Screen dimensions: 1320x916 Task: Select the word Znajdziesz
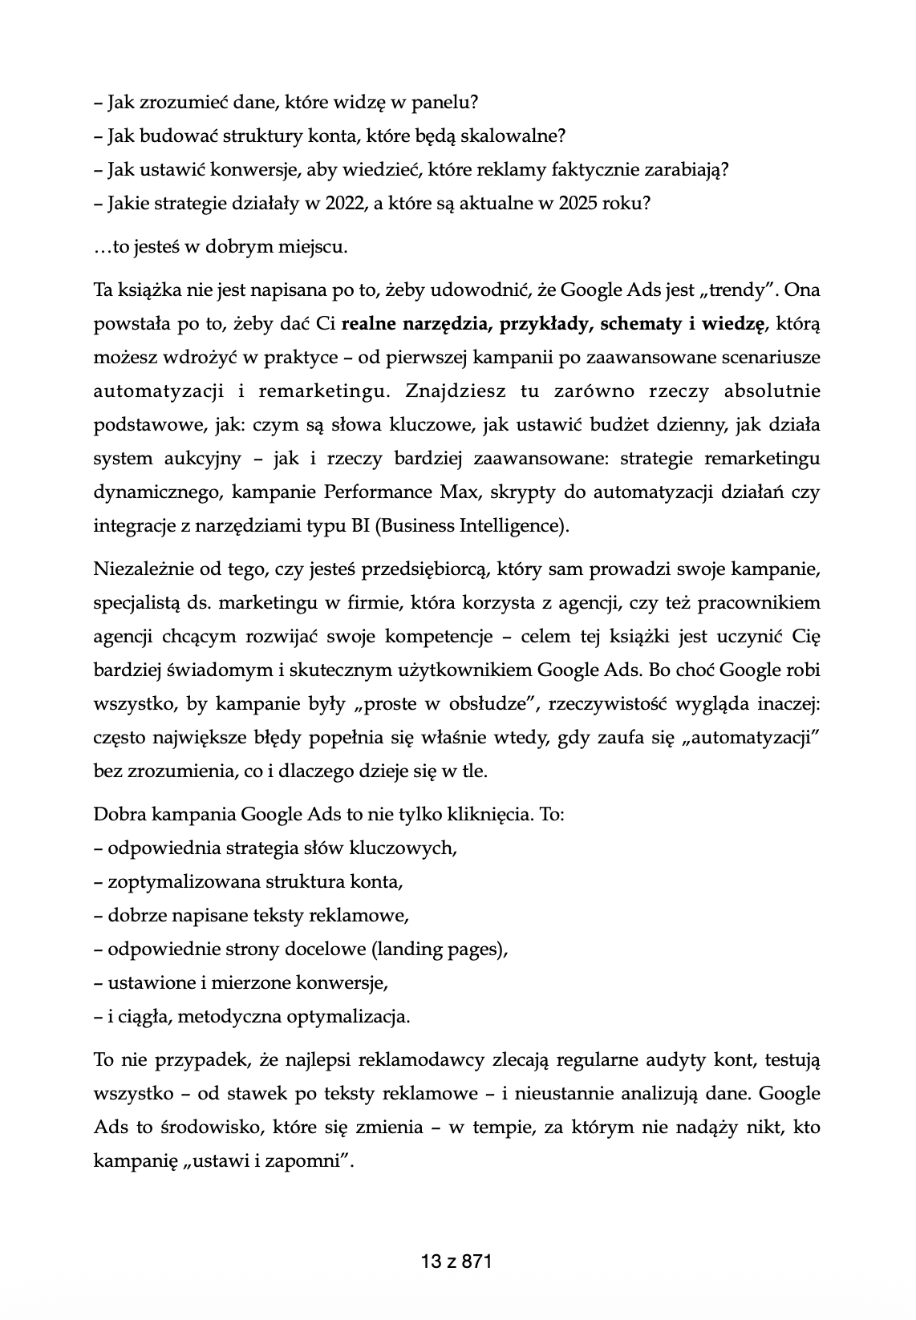tap(459, 391)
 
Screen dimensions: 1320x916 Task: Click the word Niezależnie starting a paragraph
tap(141, 569)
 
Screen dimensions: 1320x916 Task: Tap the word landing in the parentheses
tap(407, 950)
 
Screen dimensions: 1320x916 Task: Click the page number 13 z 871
tap(456, 1261)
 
